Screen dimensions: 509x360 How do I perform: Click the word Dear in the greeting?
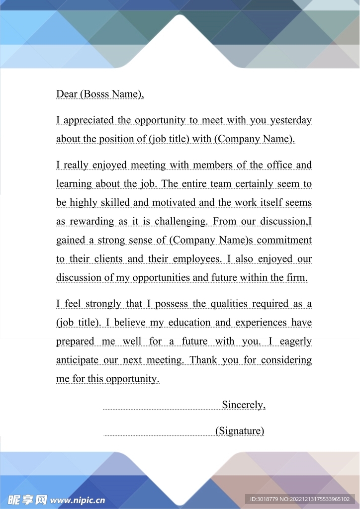[x=67, y=94]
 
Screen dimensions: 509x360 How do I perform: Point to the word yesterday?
[x=291, y=120]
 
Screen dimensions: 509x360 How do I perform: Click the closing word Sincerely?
[x=243, y=405]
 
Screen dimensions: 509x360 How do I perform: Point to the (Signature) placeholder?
[x=240, y=431]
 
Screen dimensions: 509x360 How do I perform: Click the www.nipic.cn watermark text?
[x=78, y=500]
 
